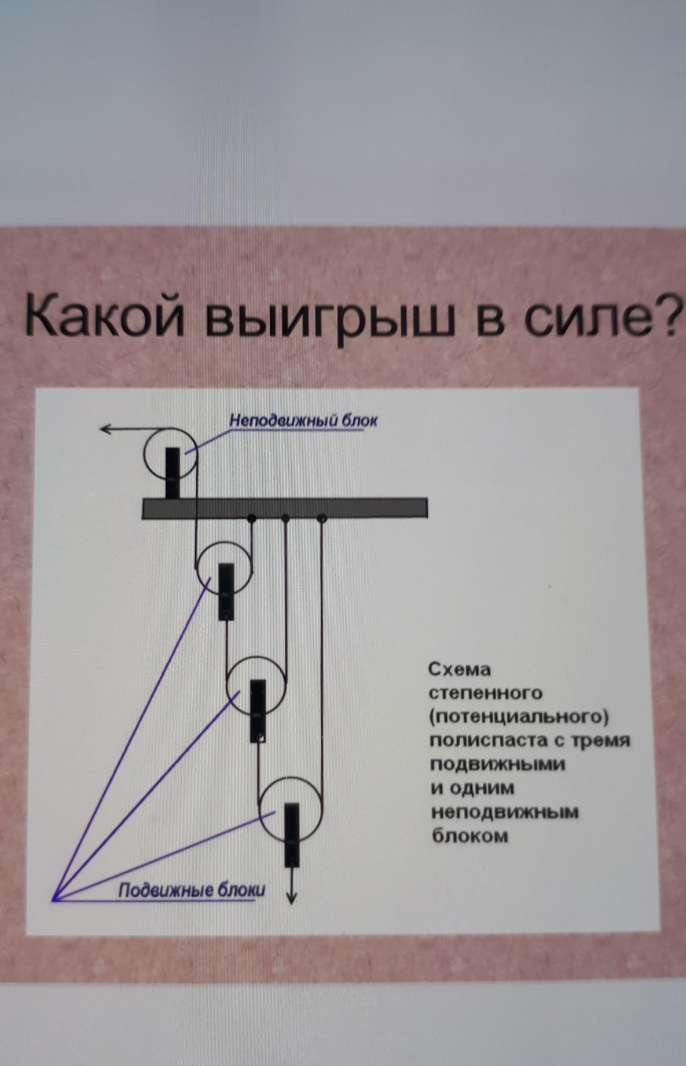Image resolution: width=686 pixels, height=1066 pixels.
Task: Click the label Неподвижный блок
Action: point(303,420)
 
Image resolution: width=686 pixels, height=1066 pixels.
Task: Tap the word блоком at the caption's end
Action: point(469,836)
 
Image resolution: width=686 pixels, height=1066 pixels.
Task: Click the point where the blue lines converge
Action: point(53,899)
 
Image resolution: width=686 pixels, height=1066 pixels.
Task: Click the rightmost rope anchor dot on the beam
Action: point(321,519)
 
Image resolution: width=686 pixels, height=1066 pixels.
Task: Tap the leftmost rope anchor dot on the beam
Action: point(251,518)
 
